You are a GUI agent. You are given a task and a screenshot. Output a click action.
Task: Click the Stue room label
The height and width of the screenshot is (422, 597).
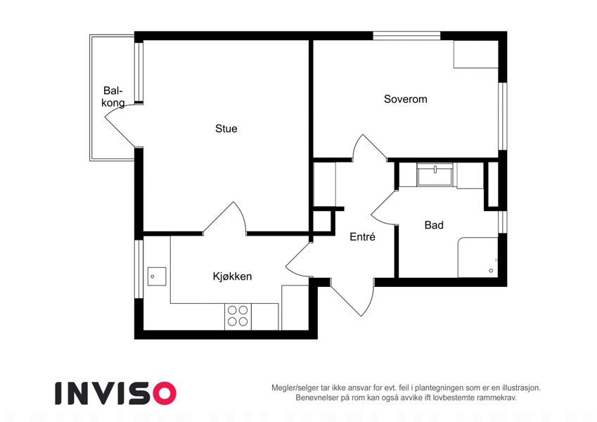(x=226, y=129)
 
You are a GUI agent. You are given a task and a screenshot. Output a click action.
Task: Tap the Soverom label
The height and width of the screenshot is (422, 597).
(x=406, y=99)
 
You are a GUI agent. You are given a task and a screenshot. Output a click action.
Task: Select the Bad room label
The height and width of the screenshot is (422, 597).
(x=434, y=225)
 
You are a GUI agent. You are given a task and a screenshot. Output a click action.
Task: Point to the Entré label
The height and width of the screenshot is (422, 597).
(x=362, y=237)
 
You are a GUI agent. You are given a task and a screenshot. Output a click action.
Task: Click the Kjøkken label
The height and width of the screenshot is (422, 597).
(x=232, y=276)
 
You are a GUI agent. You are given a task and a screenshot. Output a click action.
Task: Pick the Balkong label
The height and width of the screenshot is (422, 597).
(x=113, y=97)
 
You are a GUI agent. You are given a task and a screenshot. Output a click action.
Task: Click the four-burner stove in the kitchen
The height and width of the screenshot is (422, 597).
(x=238, y=316)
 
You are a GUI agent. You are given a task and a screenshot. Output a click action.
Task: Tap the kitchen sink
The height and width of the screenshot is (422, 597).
(x=157, y=276)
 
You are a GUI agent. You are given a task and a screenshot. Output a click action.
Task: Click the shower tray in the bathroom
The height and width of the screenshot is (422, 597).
(x=478, y=257)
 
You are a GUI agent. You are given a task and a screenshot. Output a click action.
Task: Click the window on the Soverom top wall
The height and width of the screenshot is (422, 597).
(x=406, y=36)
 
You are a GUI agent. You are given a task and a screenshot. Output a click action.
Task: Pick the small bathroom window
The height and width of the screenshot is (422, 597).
(x=503, y=222)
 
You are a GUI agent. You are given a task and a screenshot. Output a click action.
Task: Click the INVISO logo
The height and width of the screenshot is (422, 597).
(x=116, y=393)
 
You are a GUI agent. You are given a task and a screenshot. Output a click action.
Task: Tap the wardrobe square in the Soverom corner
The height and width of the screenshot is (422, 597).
(x=476, y=54)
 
